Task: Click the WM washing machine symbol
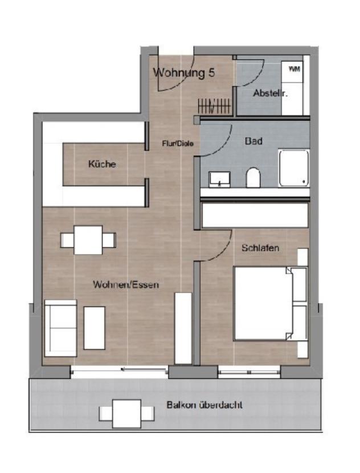pos(294,70)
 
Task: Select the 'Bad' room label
pos(253,141)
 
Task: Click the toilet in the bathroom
pos(253,178)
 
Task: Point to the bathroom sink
pos(219,180)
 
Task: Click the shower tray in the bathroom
pos(294,168)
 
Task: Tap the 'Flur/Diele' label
pos(178,144)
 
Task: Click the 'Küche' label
pos(103,164)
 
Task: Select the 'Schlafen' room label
pos(260,248)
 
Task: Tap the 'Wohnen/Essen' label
pos(126,284)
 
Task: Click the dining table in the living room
pos(88,240)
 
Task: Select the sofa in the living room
pos(60,328)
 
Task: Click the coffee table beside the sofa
pos(95,328)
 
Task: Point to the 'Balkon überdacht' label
pos(204,405)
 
